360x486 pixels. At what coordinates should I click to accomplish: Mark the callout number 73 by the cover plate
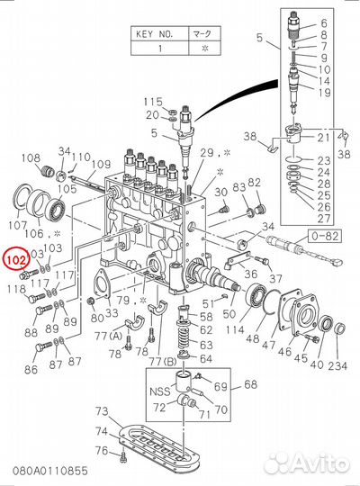click(x=103, y=412)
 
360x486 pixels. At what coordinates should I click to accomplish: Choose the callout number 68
click(x=251, y=385)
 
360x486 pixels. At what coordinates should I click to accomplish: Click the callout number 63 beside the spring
click(x=206, y=344)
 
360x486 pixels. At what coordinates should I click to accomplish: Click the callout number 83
click(x=238, y=187)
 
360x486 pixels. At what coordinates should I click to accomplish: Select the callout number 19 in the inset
click(x=323, y=93)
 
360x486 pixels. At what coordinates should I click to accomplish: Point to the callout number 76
click(x=103, y=450)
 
